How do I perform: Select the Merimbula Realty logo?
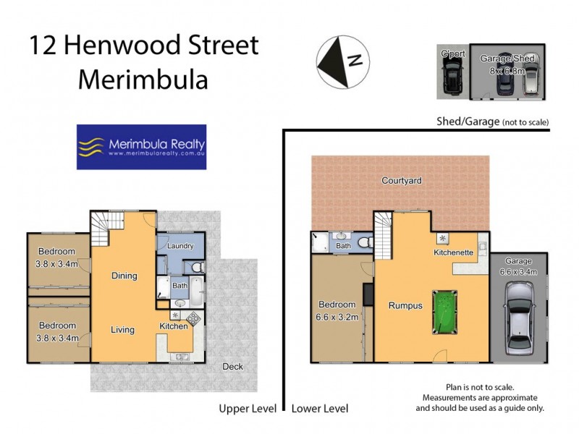click(x=141, y=147)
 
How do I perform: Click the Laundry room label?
click(x=180, y=246)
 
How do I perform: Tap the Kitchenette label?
click(x=453, y=252)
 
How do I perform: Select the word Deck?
click(x=232, y=366)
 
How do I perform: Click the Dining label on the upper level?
click(x=124, y=276)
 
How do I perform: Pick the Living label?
click(x=122, y=330)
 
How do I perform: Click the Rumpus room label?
click(x=405, y=305)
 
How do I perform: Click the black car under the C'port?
click(x=452, y=75)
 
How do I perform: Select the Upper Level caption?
click(x=248, y=409)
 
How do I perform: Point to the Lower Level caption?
click(x=319, y=409)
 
